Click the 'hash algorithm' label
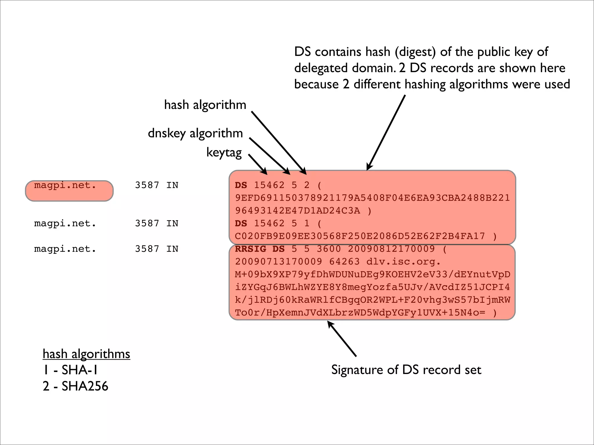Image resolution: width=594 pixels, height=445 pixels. (205, 105)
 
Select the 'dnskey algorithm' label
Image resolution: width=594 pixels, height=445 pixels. (195, 133)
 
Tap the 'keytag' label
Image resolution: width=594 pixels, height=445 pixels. (224, 152)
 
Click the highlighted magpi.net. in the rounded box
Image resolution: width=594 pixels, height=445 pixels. (65, 185)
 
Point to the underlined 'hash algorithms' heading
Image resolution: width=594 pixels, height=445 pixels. (86, 354)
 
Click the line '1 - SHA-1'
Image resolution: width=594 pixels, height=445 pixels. (70, 370)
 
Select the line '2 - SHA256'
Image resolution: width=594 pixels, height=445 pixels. (75, 386)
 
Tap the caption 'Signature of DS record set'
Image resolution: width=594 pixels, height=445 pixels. (406, 370)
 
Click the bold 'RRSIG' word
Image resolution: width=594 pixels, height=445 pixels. (251, 249)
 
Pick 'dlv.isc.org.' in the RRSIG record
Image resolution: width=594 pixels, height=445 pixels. (403, 262)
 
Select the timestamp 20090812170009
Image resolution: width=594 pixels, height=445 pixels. (391, 249)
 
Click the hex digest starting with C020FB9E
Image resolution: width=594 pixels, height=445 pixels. (360, 236)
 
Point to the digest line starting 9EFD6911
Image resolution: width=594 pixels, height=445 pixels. (372, 198)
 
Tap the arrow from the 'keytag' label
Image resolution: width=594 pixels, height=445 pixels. (258, 164)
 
